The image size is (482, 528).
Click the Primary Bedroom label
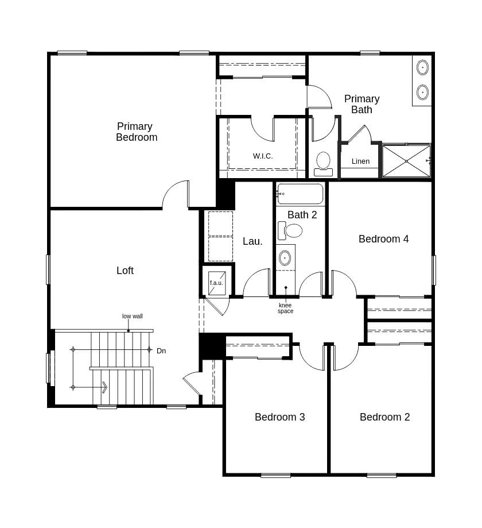click(x=136, y=132)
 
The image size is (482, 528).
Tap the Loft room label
click(x=125, y=271)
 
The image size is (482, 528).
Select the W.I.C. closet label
click(x=263, y=156)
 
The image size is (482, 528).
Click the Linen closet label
click(x=360, y=161)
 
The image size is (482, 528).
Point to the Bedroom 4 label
click(x=383, y=239)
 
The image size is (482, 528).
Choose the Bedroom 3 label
click(x=279, y=417)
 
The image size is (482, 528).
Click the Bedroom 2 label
click(x=384, y=417)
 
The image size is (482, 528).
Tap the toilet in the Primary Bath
click(x=323, y=163)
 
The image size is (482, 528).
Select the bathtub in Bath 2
click(x=300, y=194)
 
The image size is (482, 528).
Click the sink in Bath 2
click(x=285, y=258)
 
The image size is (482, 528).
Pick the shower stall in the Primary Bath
click(x=406, y=161)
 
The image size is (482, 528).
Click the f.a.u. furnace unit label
click(x=216, y=283)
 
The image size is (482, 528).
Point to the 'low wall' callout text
click(x=133, y=316)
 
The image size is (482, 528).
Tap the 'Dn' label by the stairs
click(x=161, y=350)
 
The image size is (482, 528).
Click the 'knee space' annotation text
click(x=285, y=309)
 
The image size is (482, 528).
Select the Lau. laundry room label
click(x=252, y=241)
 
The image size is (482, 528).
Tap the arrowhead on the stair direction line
click(x=104, y=387)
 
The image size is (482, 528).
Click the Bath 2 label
click(x=302, y=215)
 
